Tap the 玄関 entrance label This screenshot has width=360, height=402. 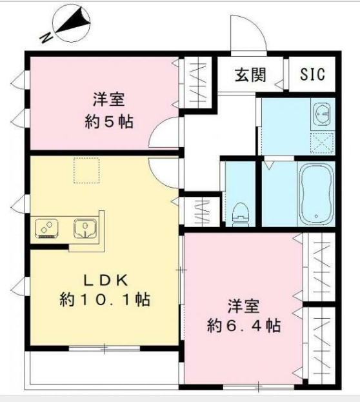pyautogui.click(x=250, y=75)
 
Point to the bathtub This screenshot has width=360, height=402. pyautogui.click(x=315, y=192)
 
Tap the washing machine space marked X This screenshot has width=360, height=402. pyautogui.click(x=321, y=141)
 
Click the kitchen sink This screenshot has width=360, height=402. pyautogui.click(x=85, y=226)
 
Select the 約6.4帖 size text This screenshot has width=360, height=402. pyautogui.click(x=243, y=325)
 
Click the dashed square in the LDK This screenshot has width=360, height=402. pyautogui.click(x=86, y=170)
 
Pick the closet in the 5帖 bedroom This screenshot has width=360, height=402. pyautogui.click(x=196, y=84)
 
